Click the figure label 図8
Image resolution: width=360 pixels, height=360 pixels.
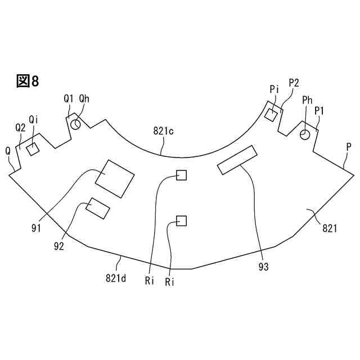pyautogui.click(x=28, y=81)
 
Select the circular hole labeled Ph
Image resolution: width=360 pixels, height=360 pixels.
pyautogui.click(x=305, y=134)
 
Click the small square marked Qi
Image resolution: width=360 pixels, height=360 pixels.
pyautogui.click(x=32, y=148)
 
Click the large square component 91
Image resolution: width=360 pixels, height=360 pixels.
pyautogui.click(x=115, y=178)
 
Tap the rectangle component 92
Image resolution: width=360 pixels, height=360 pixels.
pyautogui.click(x=97, y=208)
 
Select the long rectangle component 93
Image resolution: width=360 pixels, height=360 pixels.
pyautogui.click(x=237, y=160)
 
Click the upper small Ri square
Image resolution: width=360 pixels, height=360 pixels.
pyautogui.click(x=181, y=175)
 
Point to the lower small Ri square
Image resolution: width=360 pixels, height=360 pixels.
pyautogui.click(x=181, y=220)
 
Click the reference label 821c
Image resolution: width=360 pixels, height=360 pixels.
pyautogui.click(x=163, y=131)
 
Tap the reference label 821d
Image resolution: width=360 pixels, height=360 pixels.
pyautogui.click(x=115, y=277)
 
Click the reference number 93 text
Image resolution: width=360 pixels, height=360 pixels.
pyautogui.click(x=262, y=267)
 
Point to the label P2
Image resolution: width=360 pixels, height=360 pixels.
pyautogui.click(x=294, y=83)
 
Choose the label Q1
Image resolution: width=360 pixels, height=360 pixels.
pyautogui.click(x=68, y=98)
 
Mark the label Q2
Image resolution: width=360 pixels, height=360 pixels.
pyautogui.click(x=20, y=128)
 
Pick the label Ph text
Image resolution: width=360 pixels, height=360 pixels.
pyautogui.click(x=308, y=100)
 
